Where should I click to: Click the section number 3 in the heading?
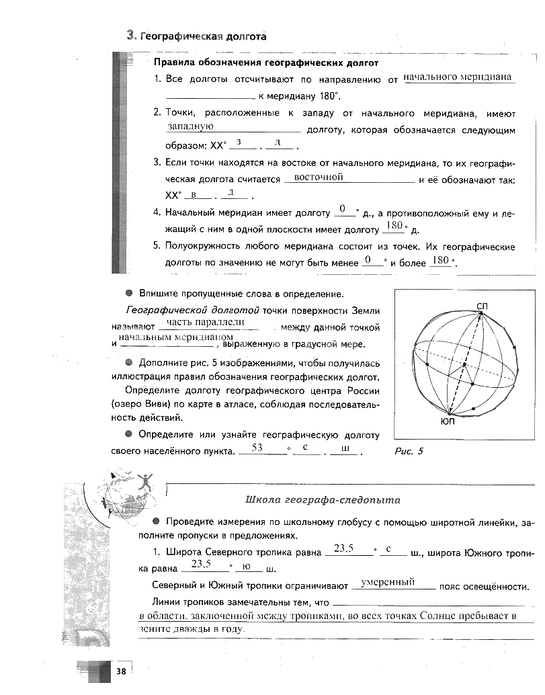point(131,36)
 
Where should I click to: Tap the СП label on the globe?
point(482,306)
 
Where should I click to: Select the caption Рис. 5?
point(409,451)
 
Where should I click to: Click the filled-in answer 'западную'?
point(191,126)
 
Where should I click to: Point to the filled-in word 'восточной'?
point(320,177)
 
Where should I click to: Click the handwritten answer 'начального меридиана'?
point(459,77)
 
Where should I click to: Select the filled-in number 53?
point(257,447)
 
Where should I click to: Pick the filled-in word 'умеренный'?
point(388,582)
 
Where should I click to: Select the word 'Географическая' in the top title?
point(177,36)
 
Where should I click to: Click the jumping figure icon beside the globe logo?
point(146,481)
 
